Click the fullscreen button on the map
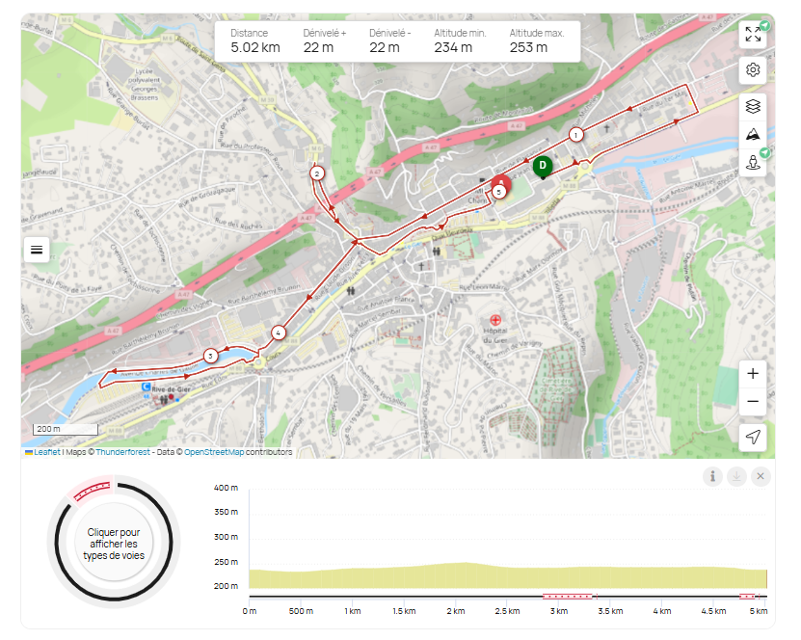tap(753, 35)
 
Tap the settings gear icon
tap(753, 70)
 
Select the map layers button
tap(753, 106)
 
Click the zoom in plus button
tap(753, 374)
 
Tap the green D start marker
tap(543, 166)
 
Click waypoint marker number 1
tap(575, 135)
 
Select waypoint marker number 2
tap(316, 173)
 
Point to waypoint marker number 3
tap(210, 357)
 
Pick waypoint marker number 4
tap(279, 333)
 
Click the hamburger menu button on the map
tap(37, 250)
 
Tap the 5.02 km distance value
tap(255, 47)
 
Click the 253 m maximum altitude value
tap(528, 47)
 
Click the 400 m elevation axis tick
tap(227, 488)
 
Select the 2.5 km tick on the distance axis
tap(507, 611)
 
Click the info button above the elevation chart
tap(712, 476)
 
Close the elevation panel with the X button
tap(761, 476)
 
